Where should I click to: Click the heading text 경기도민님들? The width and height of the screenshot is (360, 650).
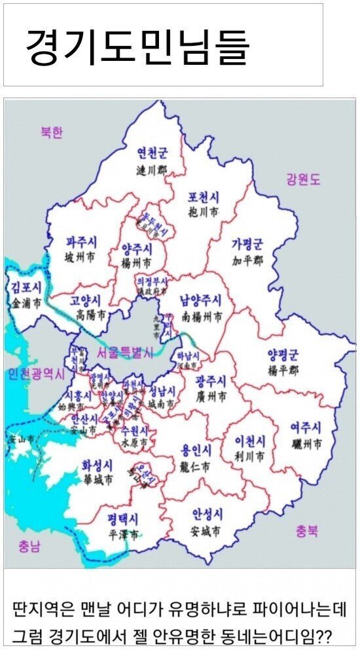point(137,45)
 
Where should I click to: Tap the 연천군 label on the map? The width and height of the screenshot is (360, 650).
point(152,153)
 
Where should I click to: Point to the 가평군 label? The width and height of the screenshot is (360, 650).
point(247,245)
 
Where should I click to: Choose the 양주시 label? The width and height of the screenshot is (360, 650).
point(137,249)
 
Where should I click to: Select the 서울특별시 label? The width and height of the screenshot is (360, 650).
point(124,352)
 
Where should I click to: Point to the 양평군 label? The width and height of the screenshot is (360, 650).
point(282,355)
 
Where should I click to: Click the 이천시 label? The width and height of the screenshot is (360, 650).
point(250,440)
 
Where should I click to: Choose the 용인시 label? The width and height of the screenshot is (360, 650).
point(196,450)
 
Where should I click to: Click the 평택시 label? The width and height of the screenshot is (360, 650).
point(123,520)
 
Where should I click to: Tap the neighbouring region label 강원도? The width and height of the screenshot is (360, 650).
point(303,179)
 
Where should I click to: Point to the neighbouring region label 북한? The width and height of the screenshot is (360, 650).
point(51,132)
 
